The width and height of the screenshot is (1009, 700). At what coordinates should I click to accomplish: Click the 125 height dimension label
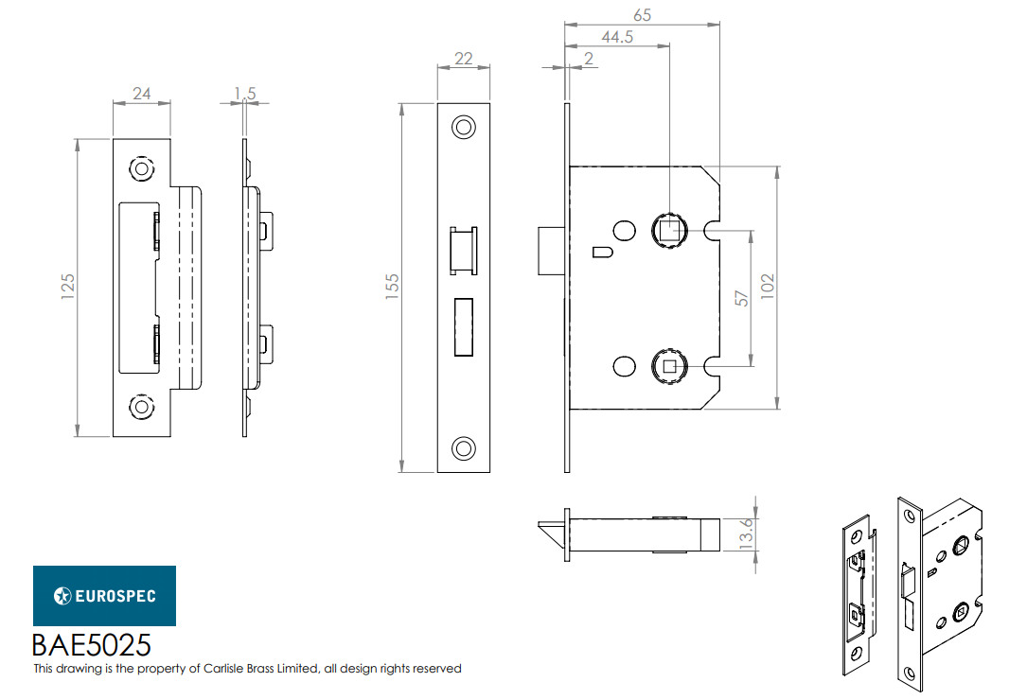tap(67, 288)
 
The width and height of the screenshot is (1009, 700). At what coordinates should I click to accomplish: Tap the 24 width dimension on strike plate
tap(142, 93)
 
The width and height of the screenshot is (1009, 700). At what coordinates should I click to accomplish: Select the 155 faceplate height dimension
tap(393, 288)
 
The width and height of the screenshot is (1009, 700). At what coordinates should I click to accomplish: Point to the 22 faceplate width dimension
tap(464, 58)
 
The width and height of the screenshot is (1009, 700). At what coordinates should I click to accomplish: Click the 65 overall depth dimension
tap(642, 15)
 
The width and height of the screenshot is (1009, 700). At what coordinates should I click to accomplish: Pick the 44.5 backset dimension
tap(617, 37)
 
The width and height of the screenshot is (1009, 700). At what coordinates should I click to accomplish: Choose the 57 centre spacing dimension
tap(743, 297)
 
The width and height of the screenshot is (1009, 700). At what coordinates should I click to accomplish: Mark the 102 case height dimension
tap(768, 288)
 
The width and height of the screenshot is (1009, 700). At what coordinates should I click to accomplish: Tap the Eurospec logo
tap(105, 596)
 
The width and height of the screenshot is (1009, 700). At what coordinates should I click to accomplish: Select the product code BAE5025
tap(92, 645)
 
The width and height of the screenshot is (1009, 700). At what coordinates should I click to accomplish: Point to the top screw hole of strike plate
tap(141, 168)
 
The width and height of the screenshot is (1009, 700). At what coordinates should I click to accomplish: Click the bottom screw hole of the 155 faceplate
tap(464, 447)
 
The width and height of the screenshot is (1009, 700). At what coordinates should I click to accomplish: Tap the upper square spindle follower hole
tap(669, 229)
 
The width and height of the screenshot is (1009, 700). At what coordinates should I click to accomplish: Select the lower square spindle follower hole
tap(669, 364)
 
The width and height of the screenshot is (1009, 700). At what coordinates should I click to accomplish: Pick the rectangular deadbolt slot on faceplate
tap(464, 327)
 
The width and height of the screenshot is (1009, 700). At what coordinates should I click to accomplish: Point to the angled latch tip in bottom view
tap(552, 531)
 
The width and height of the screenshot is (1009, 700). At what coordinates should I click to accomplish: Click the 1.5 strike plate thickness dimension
tap(244, 93)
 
